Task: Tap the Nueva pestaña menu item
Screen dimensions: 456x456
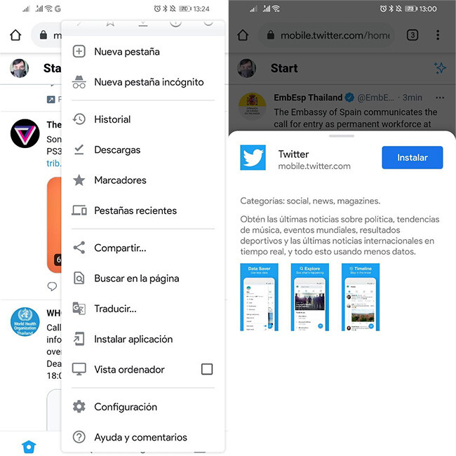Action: click(x=127, y=51)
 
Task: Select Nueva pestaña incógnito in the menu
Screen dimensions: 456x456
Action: click(x=149, y=81)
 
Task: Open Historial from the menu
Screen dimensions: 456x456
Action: click(x=112, y=119)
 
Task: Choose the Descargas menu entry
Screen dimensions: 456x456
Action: click(x=117, y=149)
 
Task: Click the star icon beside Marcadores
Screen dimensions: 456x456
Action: click(x=79, y=180)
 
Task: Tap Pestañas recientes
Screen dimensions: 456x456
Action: click(x=135, y=210)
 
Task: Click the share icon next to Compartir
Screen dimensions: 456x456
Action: click(x=79, y=248)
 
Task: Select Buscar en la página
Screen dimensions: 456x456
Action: click(x=136, y=279)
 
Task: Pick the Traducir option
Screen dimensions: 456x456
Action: click(x=115, y=309)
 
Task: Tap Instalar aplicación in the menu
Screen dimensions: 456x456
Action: click(x=133, y=339)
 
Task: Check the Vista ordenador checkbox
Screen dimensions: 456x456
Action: click(x=206, y=369)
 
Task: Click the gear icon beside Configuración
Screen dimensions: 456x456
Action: click(x=79, y=407)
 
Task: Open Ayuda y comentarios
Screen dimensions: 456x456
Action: click(x=140, y=437)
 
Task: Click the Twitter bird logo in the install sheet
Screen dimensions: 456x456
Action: click(x=253, y=158)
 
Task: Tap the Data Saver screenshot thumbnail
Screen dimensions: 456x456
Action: click(x=260, y=297)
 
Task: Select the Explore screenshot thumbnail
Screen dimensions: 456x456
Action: click(x=310, y=297)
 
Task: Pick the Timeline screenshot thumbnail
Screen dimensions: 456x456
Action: click(x=361, y=297)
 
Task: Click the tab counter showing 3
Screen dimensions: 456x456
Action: click(x=413, y=35)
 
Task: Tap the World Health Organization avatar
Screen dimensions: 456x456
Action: click(x=25, y=321)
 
